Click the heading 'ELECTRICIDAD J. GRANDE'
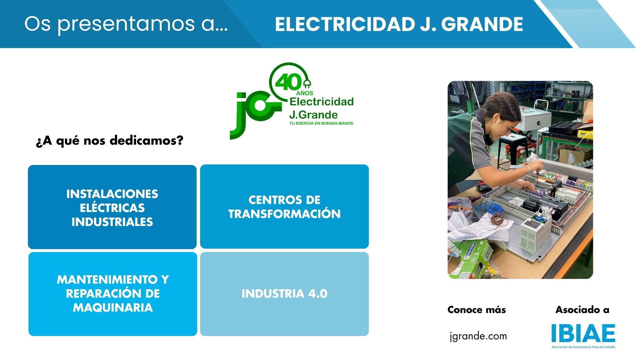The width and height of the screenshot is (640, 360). (399, 24)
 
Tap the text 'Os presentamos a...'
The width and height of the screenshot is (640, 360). (126, 24)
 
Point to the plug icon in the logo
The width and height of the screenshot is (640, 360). (307, 84)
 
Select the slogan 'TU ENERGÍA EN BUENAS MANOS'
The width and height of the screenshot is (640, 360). (321, 123)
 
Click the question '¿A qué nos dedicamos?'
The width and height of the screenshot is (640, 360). (109, 141)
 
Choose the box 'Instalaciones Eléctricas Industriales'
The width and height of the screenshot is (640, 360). (112, 207)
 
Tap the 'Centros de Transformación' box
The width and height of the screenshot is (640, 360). (284, 207)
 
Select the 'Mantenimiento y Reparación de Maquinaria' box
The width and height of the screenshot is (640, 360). (113, 294)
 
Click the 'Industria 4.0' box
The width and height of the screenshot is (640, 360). (284, 294)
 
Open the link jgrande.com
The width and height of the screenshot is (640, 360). (478, 336)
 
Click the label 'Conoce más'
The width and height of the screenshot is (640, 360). (476, 310)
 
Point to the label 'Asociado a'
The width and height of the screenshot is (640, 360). (582, 310)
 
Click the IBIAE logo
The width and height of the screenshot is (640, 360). (583, 333)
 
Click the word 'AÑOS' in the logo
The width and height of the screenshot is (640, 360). (305, 93)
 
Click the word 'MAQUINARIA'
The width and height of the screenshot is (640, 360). (113, 308)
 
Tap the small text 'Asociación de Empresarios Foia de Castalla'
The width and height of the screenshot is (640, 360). (583, 347)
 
